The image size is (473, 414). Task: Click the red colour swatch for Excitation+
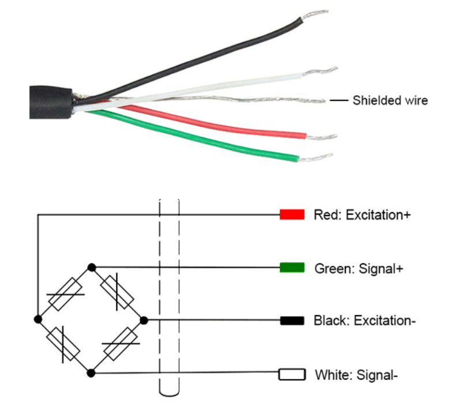292,214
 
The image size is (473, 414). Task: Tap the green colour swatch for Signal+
292,268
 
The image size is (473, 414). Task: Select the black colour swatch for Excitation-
292,321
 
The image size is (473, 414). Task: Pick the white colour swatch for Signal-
292,374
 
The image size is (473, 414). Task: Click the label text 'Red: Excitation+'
362,215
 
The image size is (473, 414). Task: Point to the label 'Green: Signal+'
359,269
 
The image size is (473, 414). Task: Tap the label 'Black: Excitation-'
365,321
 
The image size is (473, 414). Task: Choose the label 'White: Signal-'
356,375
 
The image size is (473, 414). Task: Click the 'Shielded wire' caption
390,100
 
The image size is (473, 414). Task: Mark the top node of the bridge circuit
91,268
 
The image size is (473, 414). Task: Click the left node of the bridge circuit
37,319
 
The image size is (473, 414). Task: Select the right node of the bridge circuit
144,320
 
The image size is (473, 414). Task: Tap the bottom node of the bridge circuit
91,373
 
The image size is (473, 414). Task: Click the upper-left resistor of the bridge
65,294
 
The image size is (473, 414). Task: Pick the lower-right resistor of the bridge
121,344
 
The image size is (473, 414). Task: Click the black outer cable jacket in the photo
51,102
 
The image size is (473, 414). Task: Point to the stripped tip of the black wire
314,14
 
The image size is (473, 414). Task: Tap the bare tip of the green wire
315,157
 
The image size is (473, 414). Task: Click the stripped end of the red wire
321,137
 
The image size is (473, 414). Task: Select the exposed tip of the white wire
320,71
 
